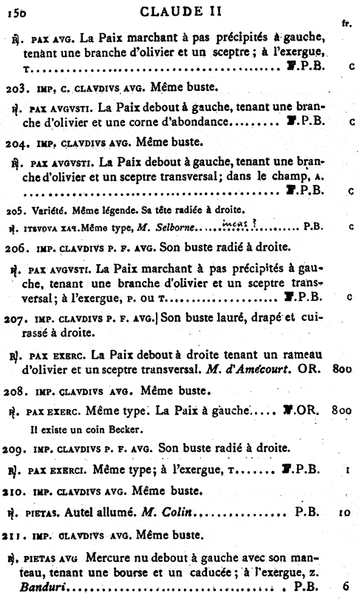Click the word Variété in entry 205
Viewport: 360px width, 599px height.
pos(42,209)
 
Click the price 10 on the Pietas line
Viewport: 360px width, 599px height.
pos(344,510)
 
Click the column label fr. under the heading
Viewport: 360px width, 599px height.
pos(346,24)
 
